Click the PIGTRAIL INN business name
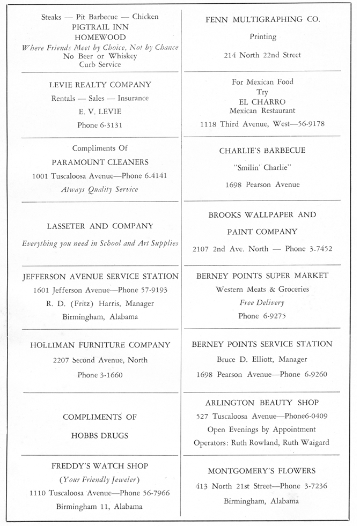100,26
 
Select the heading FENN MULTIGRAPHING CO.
263,19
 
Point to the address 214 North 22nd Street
263,55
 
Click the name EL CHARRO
263,101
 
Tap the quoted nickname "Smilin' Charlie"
262,168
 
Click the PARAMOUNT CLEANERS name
100,162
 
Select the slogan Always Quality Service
100,189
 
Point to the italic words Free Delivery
262,303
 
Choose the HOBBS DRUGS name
100,435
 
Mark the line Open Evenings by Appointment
262,429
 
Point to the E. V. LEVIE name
100,112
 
